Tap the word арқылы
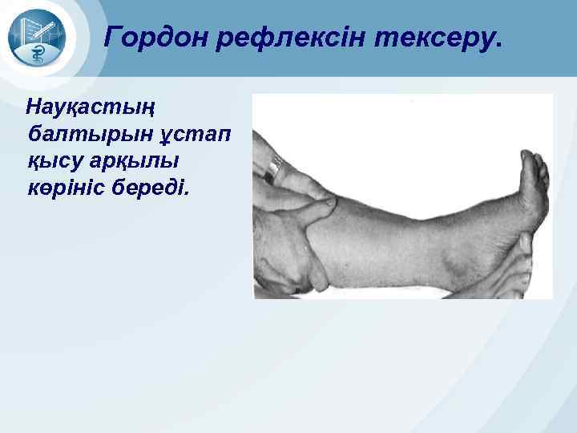coord(137,161)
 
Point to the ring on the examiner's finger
coord(276,168)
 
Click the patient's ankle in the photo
coord(473,241)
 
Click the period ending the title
coord(500,45)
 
